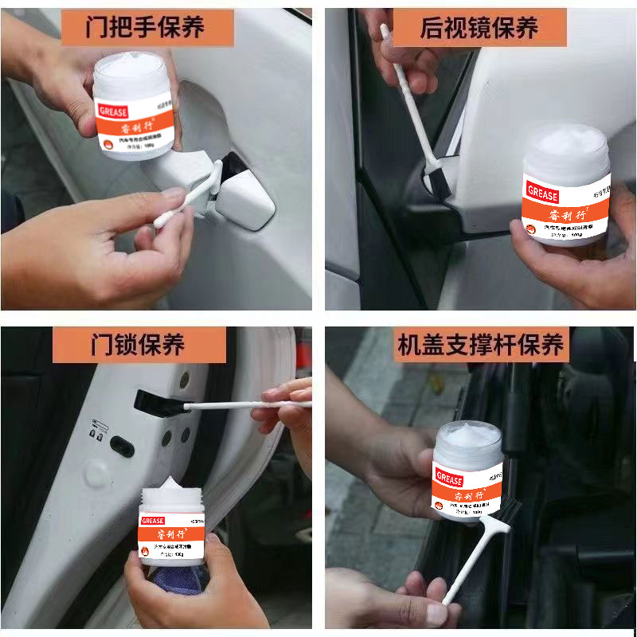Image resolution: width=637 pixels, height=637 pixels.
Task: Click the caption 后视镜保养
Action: click(x=480, y=28)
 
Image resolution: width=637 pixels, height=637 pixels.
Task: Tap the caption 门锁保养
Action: click(x=139, y=344)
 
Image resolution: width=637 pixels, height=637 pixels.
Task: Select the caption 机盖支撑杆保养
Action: click(x=480, y=345)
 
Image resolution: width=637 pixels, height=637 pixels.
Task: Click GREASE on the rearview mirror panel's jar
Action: click(x=542, y=193)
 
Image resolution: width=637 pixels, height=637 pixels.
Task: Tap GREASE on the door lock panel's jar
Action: click(x=152, y=521)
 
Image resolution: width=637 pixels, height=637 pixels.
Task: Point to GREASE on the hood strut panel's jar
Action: click(x=449, y=480)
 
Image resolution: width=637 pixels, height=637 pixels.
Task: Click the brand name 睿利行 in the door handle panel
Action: click(x=137, y=128)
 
